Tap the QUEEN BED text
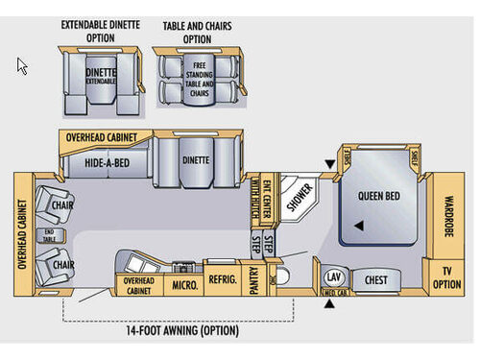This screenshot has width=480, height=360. click(x=378, y=196)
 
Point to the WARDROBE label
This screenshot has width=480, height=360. click(x=447, y=217)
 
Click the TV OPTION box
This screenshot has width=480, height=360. click(x=447, y=277)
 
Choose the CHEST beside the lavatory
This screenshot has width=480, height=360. click(x=375, y=280)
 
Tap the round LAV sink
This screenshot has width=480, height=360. click(x=333, y=277)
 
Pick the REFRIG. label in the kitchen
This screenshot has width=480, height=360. click(x=222, y=285)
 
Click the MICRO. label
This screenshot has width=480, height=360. click(x=185, y=285)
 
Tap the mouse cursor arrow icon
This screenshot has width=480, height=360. click(x=22, y=65)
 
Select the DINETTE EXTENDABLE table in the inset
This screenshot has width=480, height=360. click(x=102, y=76)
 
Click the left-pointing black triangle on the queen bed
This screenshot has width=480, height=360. click(x=358, y=227)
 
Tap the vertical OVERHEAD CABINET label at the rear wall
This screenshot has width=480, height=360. click(x=22, y=233)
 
